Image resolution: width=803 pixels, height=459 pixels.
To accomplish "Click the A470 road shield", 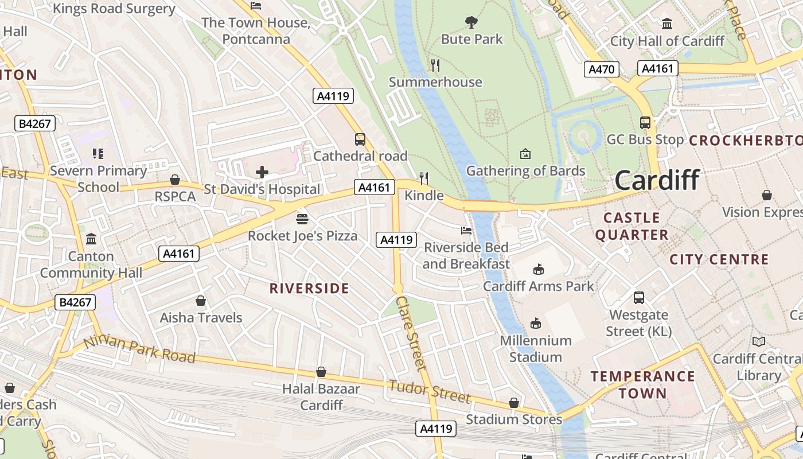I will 602,69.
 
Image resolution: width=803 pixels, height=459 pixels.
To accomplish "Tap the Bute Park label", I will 471,39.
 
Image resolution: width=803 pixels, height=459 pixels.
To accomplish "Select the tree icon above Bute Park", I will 471,22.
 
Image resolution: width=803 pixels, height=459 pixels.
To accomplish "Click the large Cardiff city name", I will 657,180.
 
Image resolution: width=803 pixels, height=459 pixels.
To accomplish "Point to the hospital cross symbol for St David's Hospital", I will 262,172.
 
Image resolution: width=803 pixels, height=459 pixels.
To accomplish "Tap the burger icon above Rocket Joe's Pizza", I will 302,219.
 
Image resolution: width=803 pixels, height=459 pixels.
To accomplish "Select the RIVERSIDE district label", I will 309,289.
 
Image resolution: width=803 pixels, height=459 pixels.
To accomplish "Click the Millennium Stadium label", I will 536,349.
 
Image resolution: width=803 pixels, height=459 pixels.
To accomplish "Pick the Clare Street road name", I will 411,333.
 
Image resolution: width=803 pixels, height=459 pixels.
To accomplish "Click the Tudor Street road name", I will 430,391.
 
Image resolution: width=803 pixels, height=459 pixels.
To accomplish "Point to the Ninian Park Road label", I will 139,349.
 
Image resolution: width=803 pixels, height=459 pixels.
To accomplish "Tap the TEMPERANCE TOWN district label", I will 643,385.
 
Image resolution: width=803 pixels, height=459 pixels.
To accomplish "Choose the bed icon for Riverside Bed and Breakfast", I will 466,230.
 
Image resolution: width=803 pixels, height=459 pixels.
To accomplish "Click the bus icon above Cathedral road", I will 360,139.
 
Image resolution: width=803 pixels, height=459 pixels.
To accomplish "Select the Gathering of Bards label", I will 525,171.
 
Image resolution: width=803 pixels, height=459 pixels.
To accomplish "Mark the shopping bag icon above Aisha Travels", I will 201,301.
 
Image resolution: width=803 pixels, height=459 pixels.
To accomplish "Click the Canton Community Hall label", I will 91,264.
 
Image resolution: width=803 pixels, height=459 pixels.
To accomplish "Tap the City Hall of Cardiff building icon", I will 667,24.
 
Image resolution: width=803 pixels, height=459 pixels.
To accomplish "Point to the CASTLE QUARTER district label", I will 632,226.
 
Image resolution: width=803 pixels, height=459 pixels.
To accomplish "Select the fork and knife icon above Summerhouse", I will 435,65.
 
